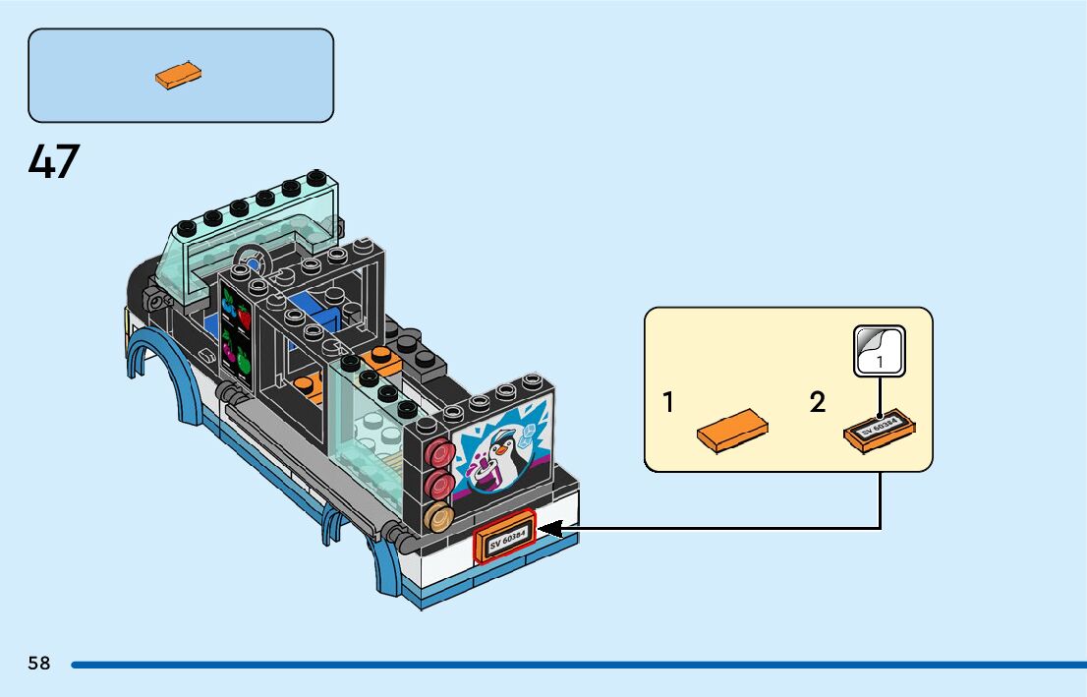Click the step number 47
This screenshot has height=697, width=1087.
[x=54, y=161]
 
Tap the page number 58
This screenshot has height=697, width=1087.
[x=39, y=664]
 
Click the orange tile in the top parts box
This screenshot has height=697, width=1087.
[x=178, y=75]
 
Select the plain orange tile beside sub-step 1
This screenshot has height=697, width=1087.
[x=732, y=431]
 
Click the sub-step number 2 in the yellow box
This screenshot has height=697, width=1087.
[x=818, y=402]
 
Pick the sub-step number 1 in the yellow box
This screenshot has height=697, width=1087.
[x=668, y=402]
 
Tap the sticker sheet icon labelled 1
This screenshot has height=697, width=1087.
[x=879, y=351]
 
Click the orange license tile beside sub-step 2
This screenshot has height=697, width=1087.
[x=879, y=431]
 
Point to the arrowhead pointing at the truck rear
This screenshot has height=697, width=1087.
[x=549, y=529]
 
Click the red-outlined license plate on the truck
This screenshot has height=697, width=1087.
[x=505, y=536]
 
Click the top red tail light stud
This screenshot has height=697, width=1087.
[x=439, y=453]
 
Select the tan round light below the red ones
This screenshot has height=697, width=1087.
[x=438, y=517]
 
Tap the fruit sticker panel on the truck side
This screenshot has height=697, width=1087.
[x=236, y=335]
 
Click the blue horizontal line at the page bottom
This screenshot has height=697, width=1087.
[x=579, y=666]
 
